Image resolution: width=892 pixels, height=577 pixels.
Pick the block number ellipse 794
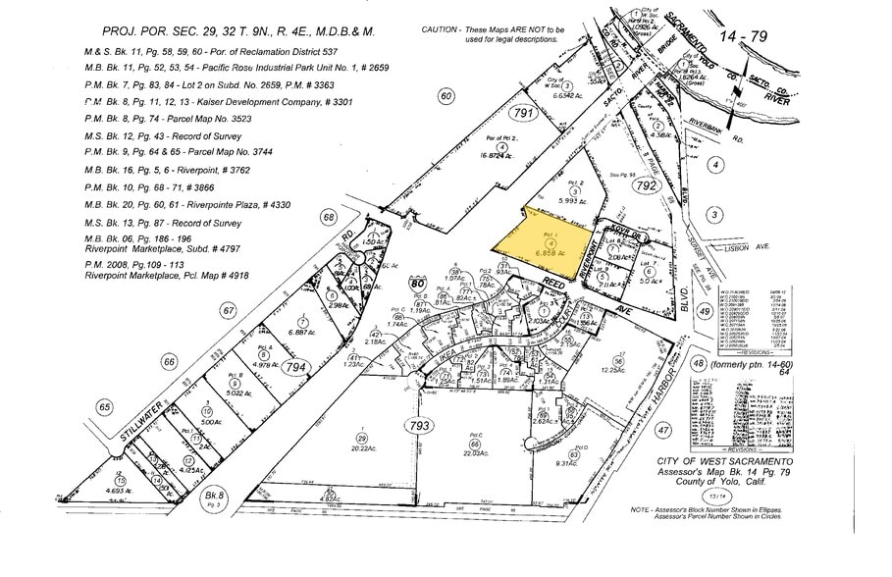pyautogui.click(x=296, y=367)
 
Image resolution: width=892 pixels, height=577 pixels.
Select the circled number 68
pyautogui.click(x=328, y=217)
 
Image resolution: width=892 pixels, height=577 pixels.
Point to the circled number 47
pyautogui.click(x=662, y=430)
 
